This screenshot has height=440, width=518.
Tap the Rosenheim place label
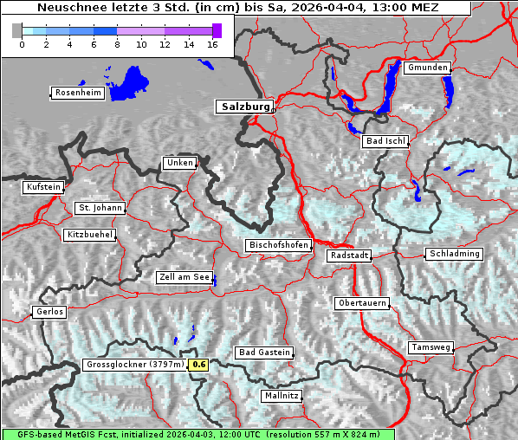pyautogui.click(x=78, y=93)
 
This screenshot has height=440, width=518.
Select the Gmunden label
pyautogui.click(x=427, y=68)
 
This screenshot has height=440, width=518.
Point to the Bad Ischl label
pyautogui.click(x=385, y=141)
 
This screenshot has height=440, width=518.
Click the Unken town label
pyautogui.click(x=178, y=163)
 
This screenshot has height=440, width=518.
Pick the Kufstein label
pyautogui.click(x=43, y=187)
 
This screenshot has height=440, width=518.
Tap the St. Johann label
pyautogui.click(x=100, y=208)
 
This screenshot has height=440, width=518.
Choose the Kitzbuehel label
pyautogui.click(x=89, y=235)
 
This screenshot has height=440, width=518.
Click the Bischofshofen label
pyautogui.click(x=278, y=246)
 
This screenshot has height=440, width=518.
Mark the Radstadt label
pyautogui.click(x=349, y=256)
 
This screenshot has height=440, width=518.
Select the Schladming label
pyautogui.click(x=453, y=254)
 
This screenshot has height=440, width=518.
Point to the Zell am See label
pyautogui.click(x=185, y=278)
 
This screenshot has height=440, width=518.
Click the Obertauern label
pyautogui.click(x=361, y=304)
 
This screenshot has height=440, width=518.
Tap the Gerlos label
pyautogui.click(x=49, y=312)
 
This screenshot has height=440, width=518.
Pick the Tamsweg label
pyautogui.click(x=431, y=347)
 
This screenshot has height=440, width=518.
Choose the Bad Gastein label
pyautogui.click(x=264, y=353)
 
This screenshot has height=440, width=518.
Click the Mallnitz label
pyautogui.click(x=282, y=396)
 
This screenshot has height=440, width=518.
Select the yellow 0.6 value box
pyautogui.click(x=199, y=365)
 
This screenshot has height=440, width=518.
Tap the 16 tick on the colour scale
pyautogui.click(x=212, y=44)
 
